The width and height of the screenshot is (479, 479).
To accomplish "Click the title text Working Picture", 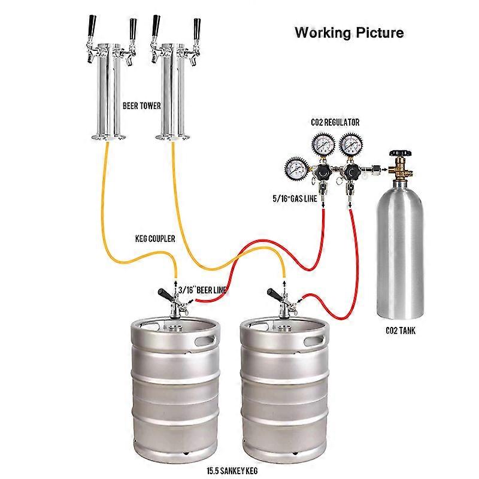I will (x=349, y=32).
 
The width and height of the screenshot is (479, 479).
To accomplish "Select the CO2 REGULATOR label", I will (x=335, y=122).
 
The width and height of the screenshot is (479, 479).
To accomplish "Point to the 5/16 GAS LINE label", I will (x=295, y=197).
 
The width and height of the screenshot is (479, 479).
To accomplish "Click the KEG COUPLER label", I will (x=154, y=238).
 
